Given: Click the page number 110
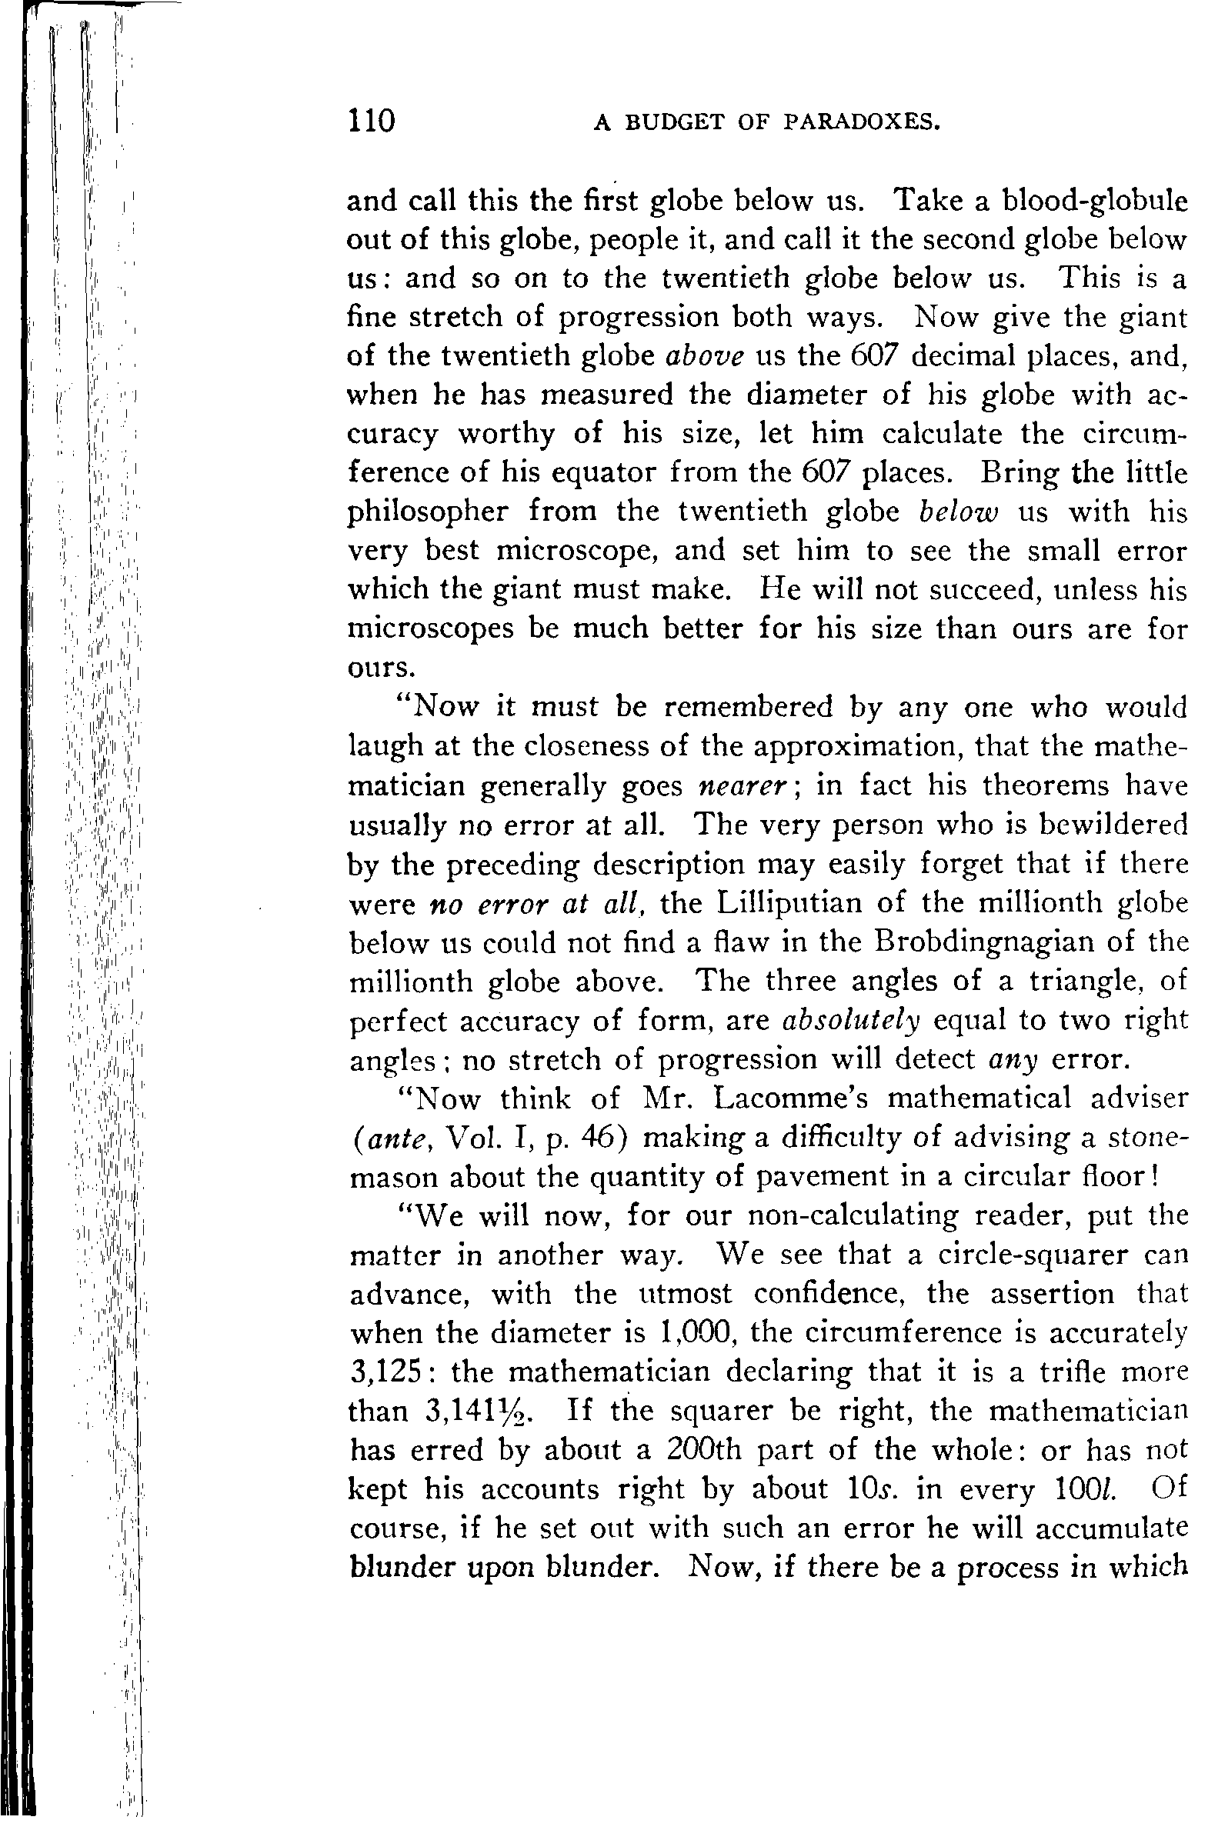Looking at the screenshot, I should (x=372, y=122).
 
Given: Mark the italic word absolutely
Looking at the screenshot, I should (x=849, y=1021).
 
